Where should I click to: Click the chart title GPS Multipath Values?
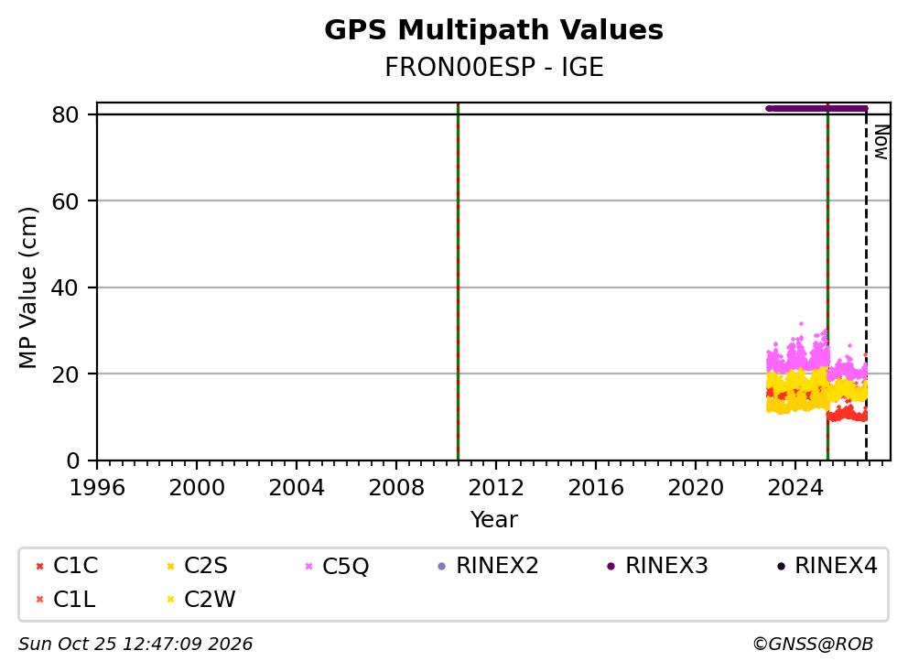(x=493, y=30)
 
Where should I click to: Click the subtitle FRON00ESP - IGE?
(x=494, y=68)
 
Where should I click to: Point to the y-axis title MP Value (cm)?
(x=27, y=287)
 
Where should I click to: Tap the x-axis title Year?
(x=494, y=520)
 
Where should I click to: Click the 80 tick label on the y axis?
(x=65, y=114)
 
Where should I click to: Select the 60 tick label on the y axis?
(x=65, y=201)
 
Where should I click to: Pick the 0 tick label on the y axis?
(x=72, y=461)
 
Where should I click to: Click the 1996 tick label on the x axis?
(x=97, y=488)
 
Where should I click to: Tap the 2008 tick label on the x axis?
(x=396, y=488)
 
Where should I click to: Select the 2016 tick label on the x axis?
(x=596, y=488)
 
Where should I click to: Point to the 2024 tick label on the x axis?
(x=795, y=488)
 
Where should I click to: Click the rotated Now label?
(x=881, y=142)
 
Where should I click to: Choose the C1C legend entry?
(x=67, y=566)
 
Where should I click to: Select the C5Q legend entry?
(x=337, y=566)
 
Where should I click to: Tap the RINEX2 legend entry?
(x=488, y=566)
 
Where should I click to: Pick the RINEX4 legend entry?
(x=827, y=566)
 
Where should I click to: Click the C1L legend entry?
(x=65, y=600)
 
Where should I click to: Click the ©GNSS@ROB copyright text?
(x=813, y=645)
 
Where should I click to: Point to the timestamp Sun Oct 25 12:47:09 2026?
(x=135, y=645)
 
